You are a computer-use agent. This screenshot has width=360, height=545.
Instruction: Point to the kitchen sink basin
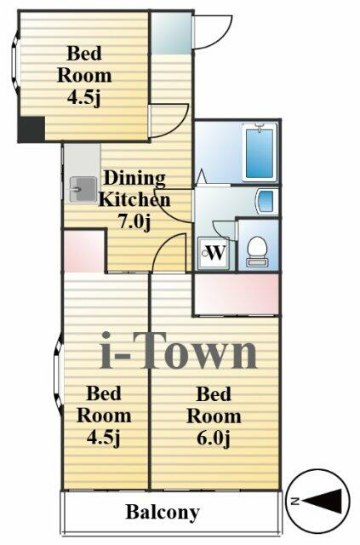coord(83,186)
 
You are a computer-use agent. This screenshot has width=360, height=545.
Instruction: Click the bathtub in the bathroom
coord(259,152)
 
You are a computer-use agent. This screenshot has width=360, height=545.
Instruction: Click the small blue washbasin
coord(265,202)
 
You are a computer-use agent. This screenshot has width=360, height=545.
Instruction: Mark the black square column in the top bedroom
coord(31,130)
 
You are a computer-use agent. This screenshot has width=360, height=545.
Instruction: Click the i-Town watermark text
coord(178,352)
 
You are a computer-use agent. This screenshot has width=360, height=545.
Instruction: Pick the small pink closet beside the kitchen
coord(83,250)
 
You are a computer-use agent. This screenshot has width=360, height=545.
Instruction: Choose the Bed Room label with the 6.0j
coord(213,405)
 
